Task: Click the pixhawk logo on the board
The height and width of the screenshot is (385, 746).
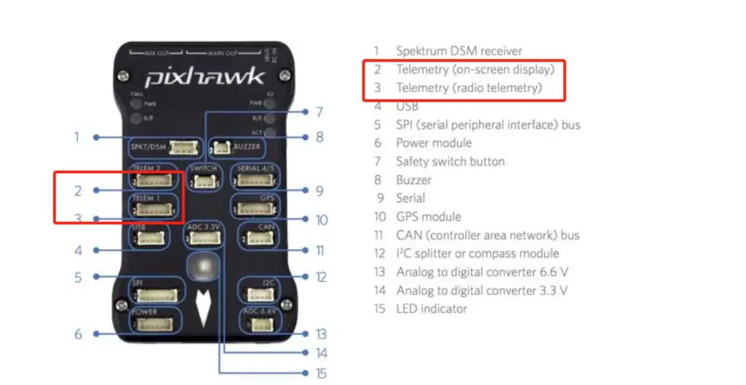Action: (x=204, y=76)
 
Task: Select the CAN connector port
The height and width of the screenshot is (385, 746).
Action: (x=257, y=237)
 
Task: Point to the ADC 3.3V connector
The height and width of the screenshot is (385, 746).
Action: (x=203, y=237)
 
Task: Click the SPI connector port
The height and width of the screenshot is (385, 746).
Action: (x=157, y=294)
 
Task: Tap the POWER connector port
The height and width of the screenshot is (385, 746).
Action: (x=156, y=324)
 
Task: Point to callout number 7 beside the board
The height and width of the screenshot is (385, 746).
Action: (x=318, y=112)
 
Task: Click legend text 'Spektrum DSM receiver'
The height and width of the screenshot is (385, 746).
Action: (x=459, y=51)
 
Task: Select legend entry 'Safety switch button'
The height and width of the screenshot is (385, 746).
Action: (x=450, y=161)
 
